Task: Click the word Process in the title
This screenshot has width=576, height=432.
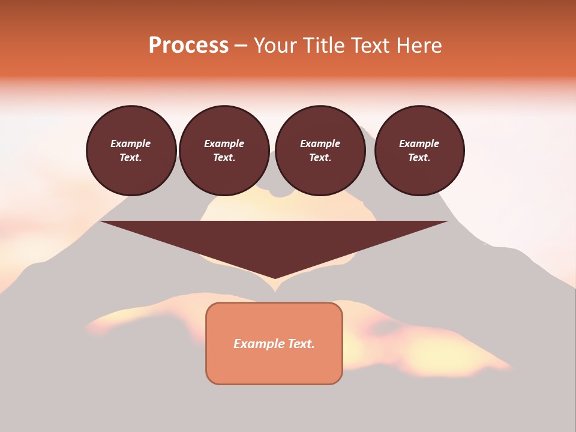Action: click(x=188, y=46)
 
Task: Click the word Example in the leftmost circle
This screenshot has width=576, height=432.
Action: click(x=131, y=143)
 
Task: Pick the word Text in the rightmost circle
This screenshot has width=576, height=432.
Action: click(x=419, y=158)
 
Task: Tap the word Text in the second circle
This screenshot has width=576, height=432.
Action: click(x=224, y=158)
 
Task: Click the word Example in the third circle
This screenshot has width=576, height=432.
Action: click(x=320, y=143)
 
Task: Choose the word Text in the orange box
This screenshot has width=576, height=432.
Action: click(x=300, y=344)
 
